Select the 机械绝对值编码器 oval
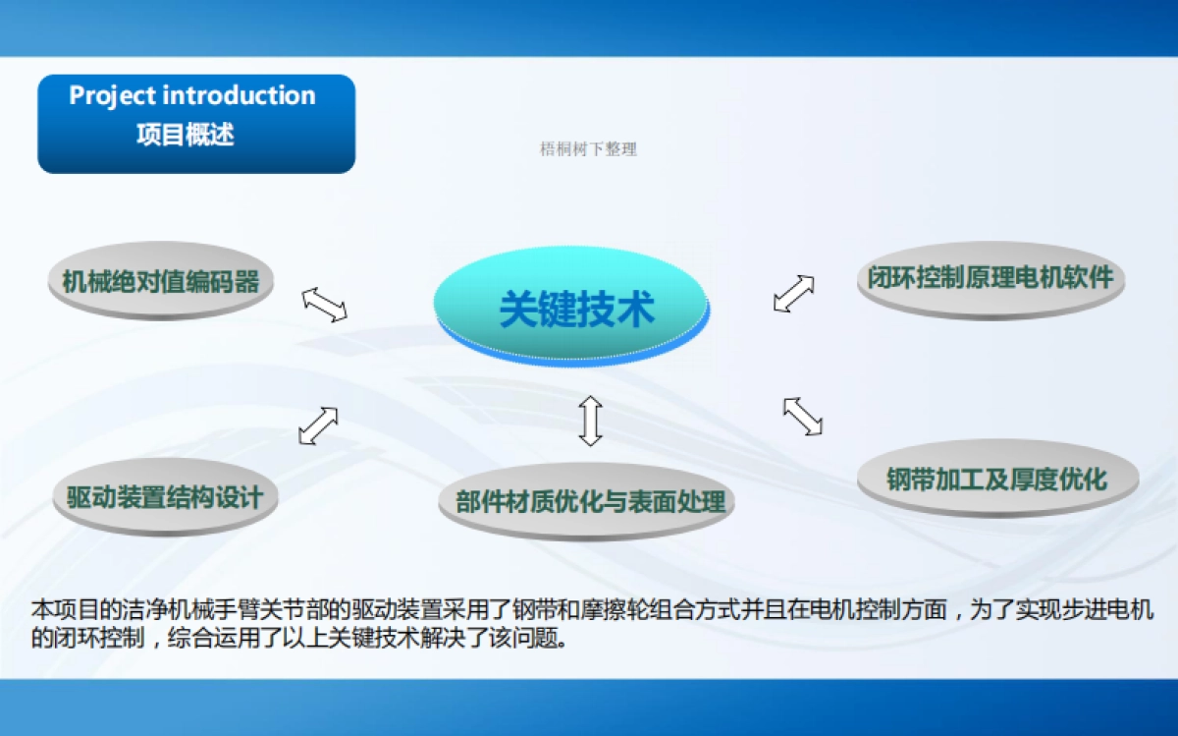(x=161, y=282)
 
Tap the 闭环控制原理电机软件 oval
(x=990, y=277)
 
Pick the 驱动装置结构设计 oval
(x=165, y=496)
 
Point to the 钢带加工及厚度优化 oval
(x=996, y=479)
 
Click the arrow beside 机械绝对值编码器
(x=325, y=304)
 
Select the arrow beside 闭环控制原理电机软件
(x=793, y=293)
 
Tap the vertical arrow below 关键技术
(x=589, y=421)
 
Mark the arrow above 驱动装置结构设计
(x=318, y=425)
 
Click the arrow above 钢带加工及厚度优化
(x=803, y=416)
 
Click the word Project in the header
(x=112, y=96)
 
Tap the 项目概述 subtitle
(x=186, y=135)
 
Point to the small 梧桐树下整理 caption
(x=588, y=149)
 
